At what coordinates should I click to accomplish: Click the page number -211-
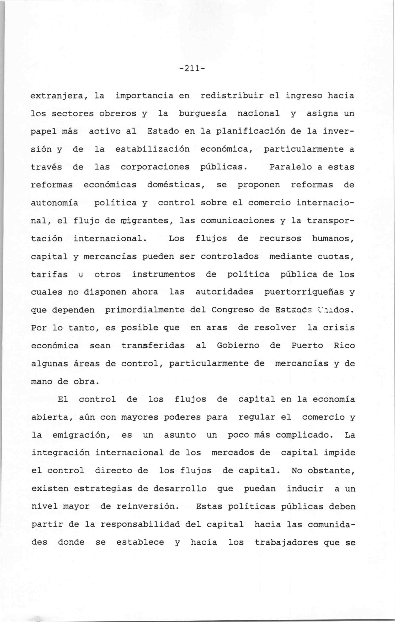[192, 69]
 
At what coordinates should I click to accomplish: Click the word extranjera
[57, 96]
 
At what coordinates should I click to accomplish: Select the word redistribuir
[232, 96]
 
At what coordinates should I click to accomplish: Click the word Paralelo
[290, 167]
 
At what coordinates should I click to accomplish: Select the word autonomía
[54, 203]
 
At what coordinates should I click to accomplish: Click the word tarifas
[49, 274]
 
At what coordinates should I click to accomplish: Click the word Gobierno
[238, 346]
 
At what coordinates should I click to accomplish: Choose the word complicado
[304, 435]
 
